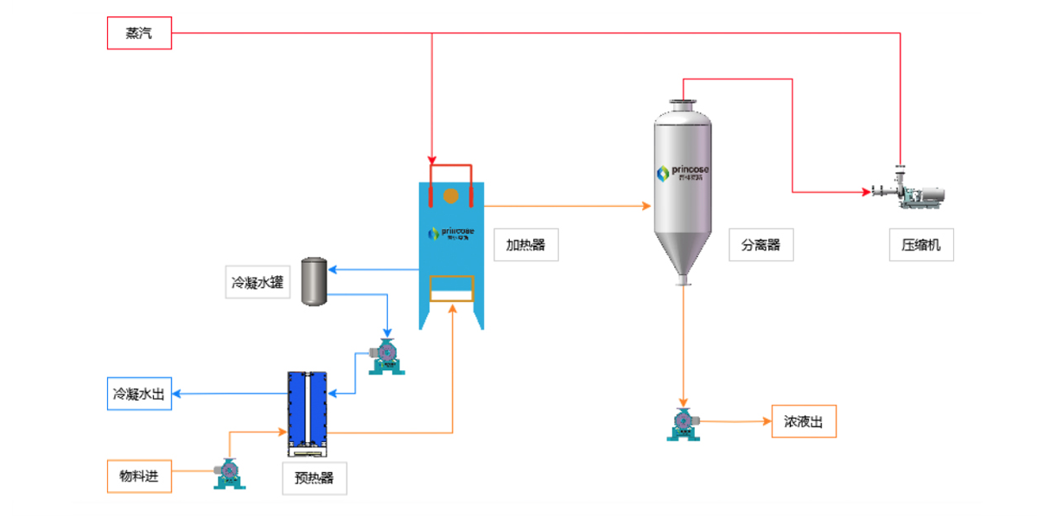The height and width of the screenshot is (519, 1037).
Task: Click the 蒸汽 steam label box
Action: (139, 33)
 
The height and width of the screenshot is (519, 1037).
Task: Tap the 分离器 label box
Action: (760, 245)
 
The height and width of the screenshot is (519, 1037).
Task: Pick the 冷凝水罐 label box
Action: (258, 282)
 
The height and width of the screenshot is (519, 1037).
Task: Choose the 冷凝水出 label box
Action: (139, 393)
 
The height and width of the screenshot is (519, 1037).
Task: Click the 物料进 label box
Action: (139, 477)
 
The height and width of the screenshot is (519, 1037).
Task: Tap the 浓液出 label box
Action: (804, 421)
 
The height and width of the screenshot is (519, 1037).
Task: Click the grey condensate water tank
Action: (314, 281)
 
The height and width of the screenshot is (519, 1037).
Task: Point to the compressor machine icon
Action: (907, 192)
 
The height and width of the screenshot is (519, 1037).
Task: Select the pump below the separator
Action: (683, 424)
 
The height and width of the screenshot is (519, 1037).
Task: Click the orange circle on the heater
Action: (450, 196)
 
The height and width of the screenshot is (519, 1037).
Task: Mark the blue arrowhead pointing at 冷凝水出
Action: (176, 394)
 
